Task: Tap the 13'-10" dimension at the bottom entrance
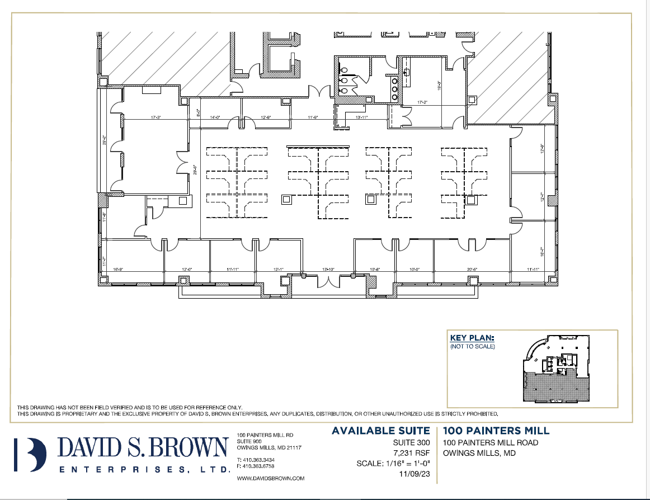[328, 270]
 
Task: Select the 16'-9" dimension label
[118, 270]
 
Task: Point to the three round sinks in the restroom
[395, 88]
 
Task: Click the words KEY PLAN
[472, 338]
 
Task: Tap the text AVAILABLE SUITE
[381, 431]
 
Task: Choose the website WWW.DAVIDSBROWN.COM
[271, 479]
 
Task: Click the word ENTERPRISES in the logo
[144, 470]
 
